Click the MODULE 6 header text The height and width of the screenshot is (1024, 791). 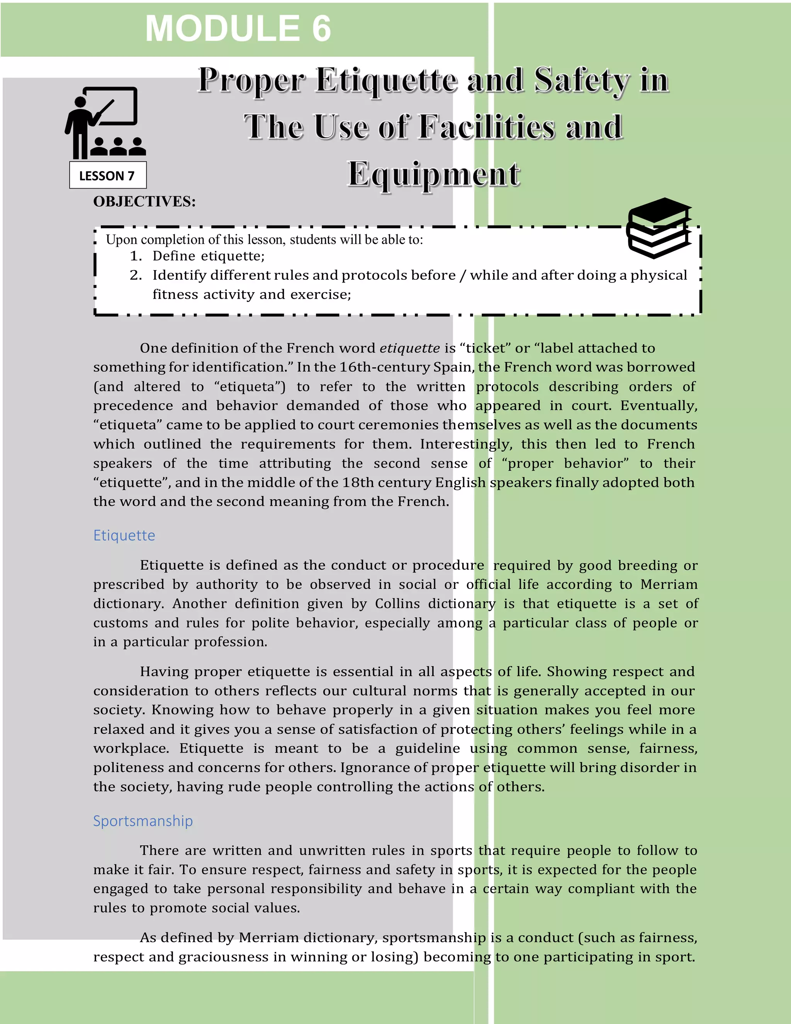coord(238,29)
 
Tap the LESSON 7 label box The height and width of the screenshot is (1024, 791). coord(108,175)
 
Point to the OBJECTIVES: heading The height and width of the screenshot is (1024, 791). coord(144,202)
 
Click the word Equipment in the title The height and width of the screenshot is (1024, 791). coord(433,174)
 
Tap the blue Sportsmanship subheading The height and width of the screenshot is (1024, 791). coord(143,820)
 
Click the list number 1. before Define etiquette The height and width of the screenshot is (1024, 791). coord(136,256)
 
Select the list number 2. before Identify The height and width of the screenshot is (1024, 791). coord(136,275)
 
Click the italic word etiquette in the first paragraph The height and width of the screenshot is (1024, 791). coord(409,348)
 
